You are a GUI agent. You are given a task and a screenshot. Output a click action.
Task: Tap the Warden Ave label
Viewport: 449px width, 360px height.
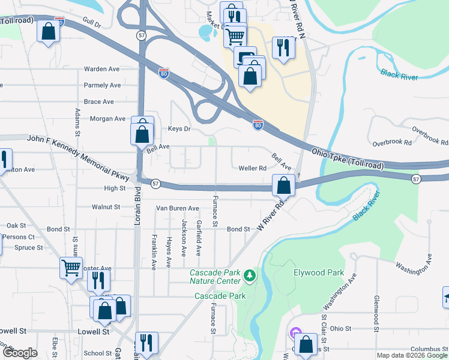click(102, 69)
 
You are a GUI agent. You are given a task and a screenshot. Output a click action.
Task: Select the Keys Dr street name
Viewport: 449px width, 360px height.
click(179, 129)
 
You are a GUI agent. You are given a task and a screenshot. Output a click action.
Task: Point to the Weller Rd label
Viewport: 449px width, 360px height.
click(252, 169)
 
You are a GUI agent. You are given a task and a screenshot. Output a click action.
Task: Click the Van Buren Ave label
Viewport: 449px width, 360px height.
click(177, 208)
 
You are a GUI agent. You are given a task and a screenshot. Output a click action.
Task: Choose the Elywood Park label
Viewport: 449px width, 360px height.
click(318, 272)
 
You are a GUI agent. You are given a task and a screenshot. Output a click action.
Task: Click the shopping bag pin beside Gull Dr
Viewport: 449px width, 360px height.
click(48, 32)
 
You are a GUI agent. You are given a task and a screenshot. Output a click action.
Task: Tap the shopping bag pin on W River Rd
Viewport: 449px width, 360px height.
click(283, 185)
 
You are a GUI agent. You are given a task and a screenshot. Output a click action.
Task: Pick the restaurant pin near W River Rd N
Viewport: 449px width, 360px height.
click(282, 48)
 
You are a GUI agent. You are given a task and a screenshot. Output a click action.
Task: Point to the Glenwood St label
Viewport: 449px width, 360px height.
click(376, 313)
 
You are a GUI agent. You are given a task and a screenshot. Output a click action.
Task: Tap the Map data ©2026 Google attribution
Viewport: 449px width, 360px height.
click(412, 355)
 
